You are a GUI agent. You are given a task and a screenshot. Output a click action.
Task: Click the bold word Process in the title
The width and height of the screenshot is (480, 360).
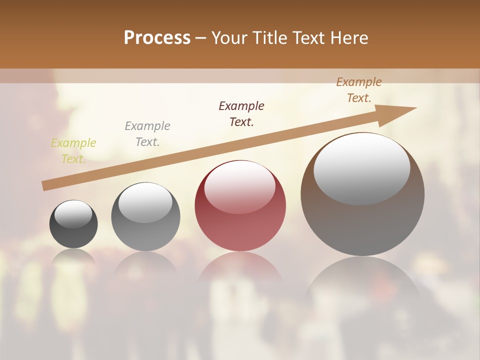coord(157,38)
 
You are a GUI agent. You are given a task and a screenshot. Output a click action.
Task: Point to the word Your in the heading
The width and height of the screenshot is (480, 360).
coord(229,38)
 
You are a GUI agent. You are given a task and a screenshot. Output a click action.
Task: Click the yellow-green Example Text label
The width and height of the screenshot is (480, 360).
coord(73,151)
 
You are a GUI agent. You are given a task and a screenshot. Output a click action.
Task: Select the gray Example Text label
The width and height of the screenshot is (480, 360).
coord(147,134)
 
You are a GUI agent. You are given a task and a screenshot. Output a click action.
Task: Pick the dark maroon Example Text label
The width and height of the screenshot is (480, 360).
coord(241,114)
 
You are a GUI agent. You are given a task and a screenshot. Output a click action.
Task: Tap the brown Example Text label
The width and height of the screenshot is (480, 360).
coord(359,90)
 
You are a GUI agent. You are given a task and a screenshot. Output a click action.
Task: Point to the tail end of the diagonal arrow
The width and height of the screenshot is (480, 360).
coord(44,186)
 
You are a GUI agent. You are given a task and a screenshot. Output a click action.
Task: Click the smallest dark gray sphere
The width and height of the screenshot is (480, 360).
coord(73,224)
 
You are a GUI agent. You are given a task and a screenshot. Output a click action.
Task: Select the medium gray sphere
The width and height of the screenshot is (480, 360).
coord(145,216)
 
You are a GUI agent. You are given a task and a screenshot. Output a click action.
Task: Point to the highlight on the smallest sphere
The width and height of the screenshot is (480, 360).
coord(73,214)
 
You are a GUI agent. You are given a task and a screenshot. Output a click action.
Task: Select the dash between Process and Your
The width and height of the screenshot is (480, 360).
coord(201,38)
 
